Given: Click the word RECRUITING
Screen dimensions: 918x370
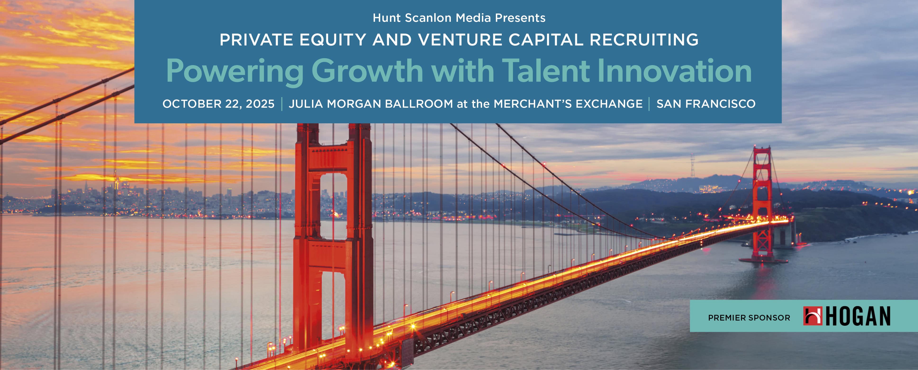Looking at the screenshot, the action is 644,40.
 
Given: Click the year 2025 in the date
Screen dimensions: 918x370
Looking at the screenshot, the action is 260,104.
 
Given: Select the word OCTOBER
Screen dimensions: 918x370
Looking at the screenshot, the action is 192,104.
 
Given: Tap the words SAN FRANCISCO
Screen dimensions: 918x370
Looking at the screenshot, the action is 706,104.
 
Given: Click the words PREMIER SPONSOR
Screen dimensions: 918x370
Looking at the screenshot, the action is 749,318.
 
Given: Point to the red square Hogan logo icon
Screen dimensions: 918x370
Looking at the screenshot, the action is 813,316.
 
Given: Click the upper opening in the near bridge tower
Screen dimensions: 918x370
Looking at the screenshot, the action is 333,205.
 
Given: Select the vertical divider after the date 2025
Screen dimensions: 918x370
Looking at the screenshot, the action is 282,104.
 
